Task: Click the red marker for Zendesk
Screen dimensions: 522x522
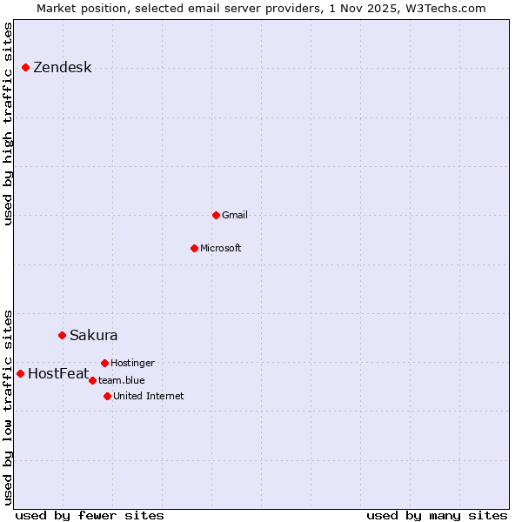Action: point(26,67)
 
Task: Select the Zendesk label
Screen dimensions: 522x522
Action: point(62,68)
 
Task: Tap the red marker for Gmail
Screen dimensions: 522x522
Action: point(216,215)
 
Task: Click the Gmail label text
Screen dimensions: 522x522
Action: point(235,215)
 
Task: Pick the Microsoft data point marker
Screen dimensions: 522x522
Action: point(194,248)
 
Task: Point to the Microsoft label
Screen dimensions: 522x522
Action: point(220,248)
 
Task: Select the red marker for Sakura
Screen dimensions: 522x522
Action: point(62,335)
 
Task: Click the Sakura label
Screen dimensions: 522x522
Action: point(93,335)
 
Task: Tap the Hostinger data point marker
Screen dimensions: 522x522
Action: point(104,363)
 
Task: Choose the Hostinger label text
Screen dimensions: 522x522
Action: point(132,363)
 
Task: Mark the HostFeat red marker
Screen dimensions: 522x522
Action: point(20,373)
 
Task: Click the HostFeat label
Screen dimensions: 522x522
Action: point(57,374)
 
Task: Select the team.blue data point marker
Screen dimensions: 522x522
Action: point(92,380)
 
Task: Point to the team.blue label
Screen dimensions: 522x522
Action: point(121,380)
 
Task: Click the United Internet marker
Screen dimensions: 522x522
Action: point(107,396)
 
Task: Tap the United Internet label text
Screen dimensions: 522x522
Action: point(148,396)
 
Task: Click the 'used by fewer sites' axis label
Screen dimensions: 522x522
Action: point(89,515)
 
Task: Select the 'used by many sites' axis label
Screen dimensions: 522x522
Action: point(436,515)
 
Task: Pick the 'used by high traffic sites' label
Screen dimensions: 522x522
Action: point(8,124)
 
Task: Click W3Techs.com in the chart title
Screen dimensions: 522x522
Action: point(444,8)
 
